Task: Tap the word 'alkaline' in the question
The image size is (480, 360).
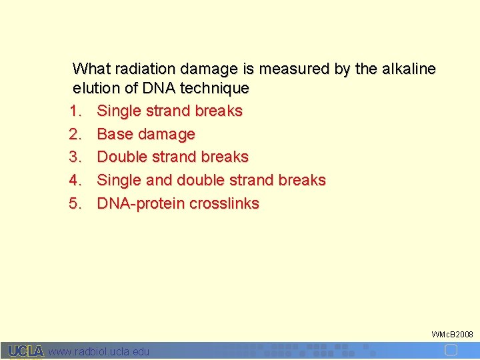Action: (x=409, y=69)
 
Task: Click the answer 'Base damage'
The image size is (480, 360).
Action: (x=146, y=134)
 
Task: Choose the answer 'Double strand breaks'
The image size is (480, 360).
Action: (x=173, y=157)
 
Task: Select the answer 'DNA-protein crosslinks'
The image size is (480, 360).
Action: (x=178, y=203)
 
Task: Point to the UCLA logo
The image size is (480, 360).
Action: (x=26, y=351)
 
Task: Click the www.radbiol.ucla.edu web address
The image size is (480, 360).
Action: (x=99, y=351)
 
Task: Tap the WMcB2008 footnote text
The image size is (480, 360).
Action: (x=452, y=334)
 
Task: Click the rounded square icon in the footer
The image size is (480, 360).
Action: (x=451, y=350)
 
